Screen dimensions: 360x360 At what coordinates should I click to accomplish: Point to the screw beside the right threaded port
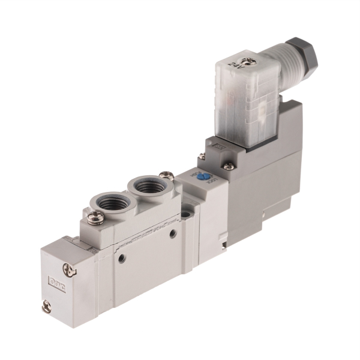tap(168, 176)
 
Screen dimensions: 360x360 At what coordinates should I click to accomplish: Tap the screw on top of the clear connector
tap(249, 59)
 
